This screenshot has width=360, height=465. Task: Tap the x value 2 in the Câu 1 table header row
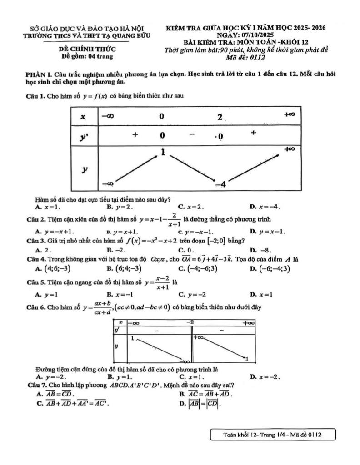pyautogui.click(x=220, y=117)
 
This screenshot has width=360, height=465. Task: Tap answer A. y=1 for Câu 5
pyautogui.click(x=45, y=294)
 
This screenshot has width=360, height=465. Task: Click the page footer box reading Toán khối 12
pyautogui.click(x=273, y=435)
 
